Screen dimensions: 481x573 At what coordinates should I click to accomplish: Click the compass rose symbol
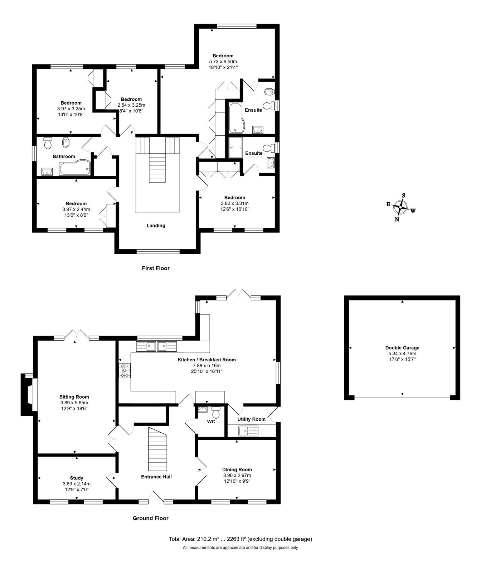[400, 207]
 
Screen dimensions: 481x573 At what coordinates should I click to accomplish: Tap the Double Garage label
[402, 347]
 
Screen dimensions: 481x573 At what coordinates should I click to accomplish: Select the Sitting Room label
[74, 397]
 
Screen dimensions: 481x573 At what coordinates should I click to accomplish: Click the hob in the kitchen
[125, 370]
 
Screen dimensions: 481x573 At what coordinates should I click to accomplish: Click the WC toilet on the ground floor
[216, 411]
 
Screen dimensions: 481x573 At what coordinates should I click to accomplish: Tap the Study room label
[77, 478]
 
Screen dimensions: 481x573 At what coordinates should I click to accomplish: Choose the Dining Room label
[237, 470]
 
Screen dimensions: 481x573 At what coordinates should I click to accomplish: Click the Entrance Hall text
[156, 477]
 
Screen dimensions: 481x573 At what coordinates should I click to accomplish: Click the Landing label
[156, 226]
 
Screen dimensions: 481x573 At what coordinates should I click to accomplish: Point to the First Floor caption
[156, 268]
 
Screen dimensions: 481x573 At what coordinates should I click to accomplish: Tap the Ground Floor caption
[151, 518]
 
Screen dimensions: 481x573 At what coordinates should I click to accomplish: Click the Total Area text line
[240, 539]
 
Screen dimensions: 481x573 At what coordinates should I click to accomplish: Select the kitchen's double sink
[156, 346]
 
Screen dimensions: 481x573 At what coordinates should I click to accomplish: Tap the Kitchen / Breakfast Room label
[207, 360]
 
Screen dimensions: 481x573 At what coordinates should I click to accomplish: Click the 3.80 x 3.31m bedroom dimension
[235, 203]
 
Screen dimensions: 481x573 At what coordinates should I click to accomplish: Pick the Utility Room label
[252, 419]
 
